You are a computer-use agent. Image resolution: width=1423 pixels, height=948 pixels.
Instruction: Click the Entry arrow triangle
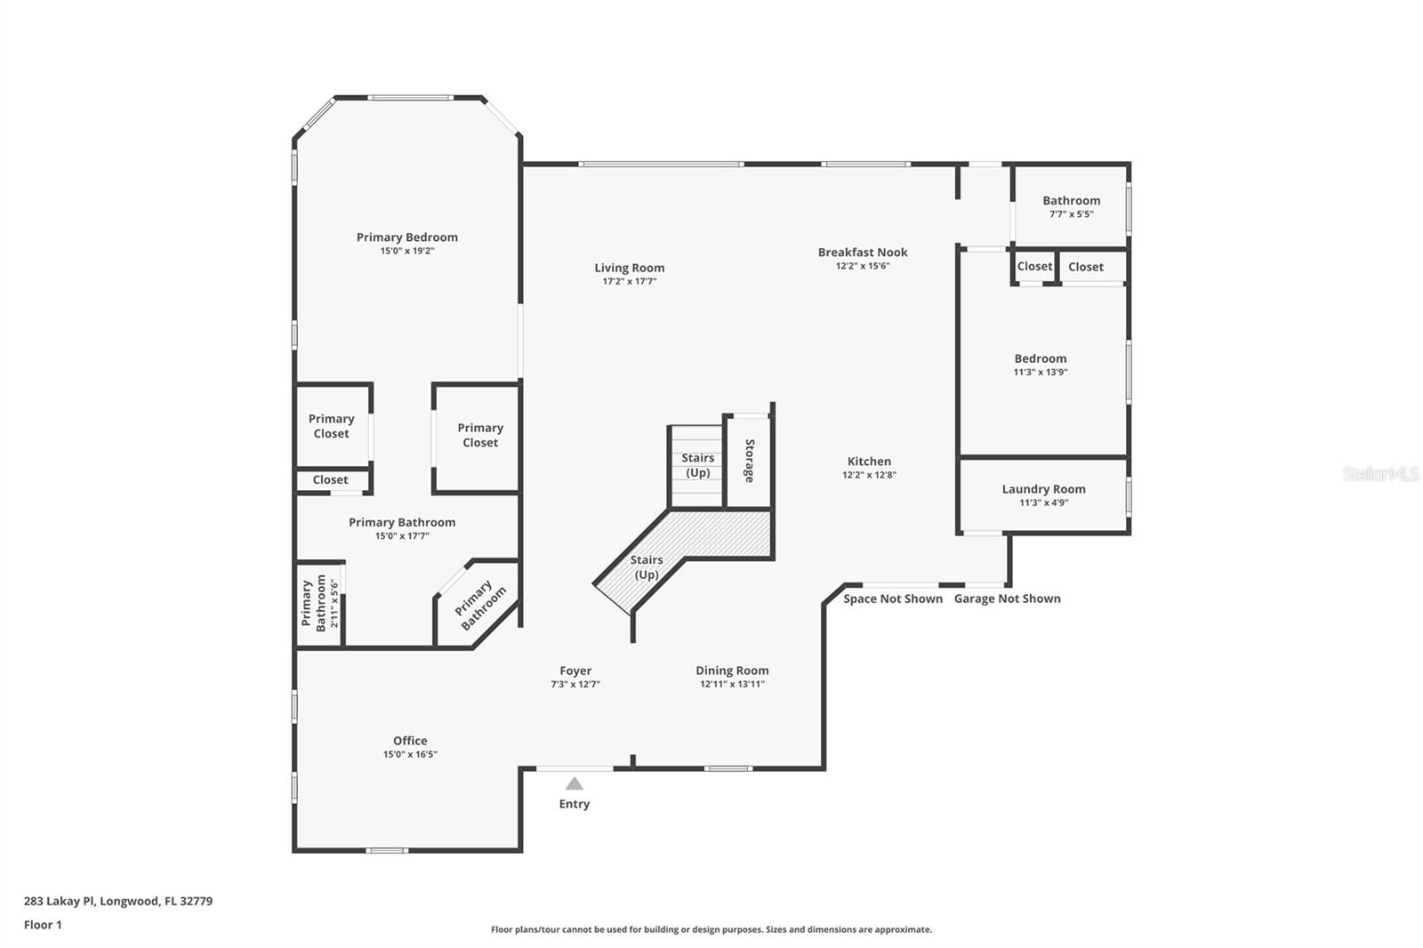coord(575,783)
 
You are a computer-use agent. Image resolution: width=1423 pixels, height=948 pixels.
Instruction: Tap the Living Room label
coord(630,268)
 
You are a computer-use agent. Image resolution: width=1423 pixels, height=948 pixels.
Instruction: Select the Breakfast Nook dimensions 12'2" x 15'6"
coord(863,266)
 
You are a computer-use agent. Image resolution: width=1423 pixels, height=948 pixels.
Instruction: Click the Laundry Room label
coord(1043,489)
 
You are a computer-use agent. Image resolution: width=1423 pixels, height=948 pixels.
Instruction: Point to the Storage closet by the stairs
coord(749,461)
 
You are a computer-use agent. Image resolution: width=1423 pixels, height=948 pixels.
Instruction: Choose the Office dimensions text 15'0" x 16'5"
coord(410,754)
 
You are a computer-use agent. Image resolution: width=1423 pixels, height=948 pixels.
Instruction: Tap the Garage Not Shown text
coord(1007,599)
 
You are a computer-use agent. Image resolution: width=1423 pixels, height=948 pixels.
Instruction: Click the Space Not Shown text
coord(893,599)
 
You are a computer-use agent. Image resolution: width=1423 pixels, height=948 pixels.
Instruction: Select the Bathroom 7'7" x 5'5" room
coord(1071,206)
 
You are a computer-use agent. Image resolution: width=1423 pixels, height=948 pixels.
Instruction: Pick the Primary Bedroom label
coord(407,237)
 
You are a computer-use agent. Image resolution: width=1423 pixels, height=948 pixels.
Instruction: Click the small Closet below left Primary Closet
coord(331,480)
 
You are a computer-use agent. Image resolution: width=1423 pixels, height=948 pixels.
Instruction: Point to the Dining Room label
coord(732,671)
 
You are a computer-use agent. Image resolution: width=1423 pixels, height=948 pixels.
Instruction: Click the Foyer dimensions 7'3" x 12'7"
coord(575,684)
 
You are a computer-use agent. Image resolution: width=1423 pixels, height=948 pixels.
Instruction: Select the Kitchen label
coord(869,461)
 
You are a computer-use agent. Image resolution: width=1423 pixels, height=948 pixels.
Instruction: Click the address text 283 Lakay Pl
coord(117,901)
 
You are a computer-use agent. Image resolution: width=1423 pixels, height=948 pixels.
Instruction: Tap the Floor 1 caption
coord(43,925)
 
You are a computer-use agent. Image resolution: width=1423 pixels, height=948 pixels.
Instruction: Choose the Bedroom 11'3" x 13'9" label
coord(1040,359)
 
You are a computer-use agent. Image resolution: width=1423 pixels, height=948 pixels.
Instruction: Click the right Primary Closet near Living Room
coord(480,435)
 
